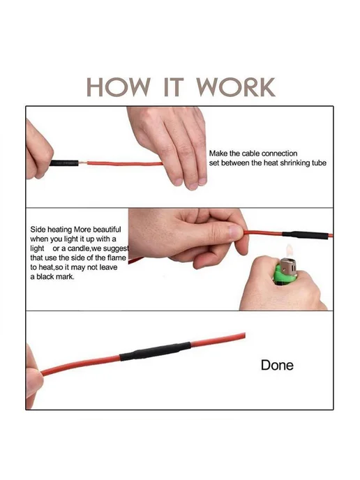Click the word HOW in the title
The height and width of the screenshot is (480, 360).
pos(119,87)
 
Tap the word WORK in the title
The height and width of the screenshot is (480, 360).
pos(235,87)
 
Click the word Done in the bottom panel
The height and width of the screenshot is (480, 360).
pos(277,365)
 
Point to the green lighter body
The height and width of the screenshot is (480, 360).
pos(285,276)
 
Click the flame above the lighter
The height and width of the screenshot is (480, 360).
pos(289,251)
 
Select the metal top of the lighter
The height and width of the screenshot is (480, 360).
pos(288,267)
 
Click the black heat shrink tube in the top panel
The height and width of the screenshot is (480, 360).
pos(64,163)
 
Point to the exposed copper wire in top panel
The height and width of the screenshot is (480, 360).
pos(82,163)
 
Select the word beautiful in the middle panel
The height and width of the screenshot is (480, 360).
pos(107,230)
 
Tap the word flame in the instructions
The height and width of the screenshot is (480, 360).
pos(117,257)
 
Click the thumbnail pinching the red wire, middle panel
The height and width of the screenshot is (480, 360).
pos(236,232)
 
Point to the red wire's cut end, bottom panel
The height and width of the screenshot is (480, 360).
pos(244,335)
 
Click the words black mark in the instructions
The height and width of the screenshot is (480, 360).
pos(55,277)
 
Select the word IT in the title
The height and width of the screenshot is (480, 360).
pos(174,87)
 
